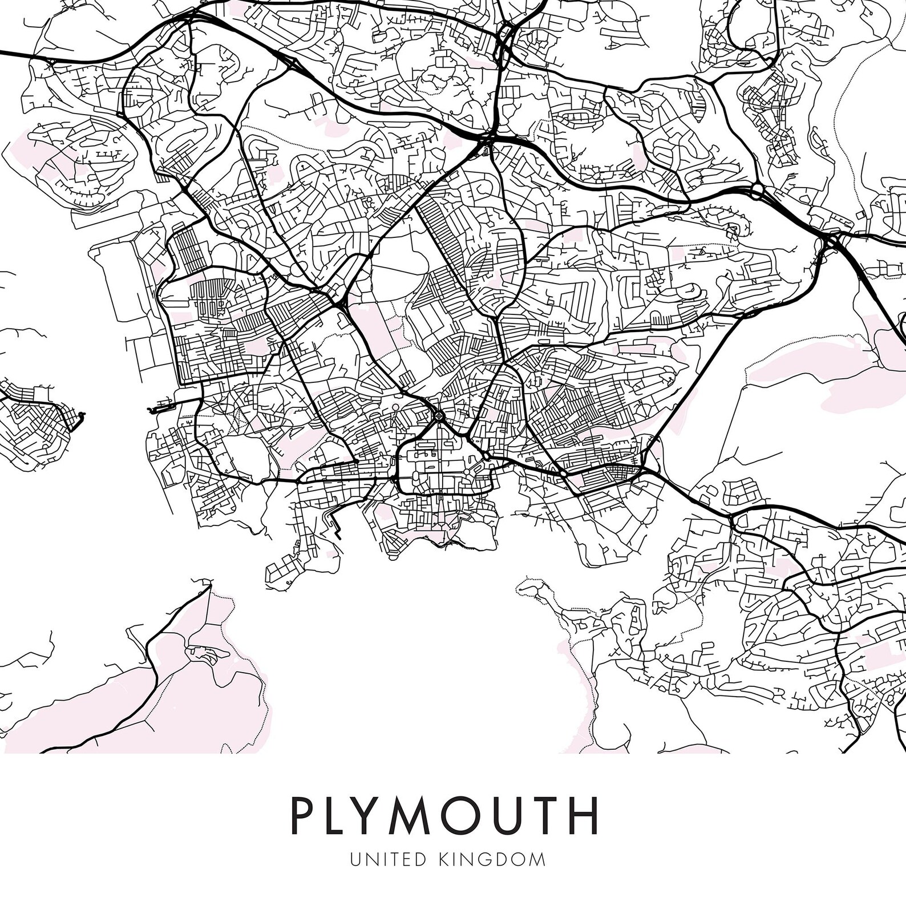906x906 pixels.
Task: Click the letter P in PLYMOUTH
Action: [x=305, y=816]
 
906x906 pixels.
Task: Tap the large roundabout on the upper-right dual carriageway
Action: [x=757, y=191]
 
